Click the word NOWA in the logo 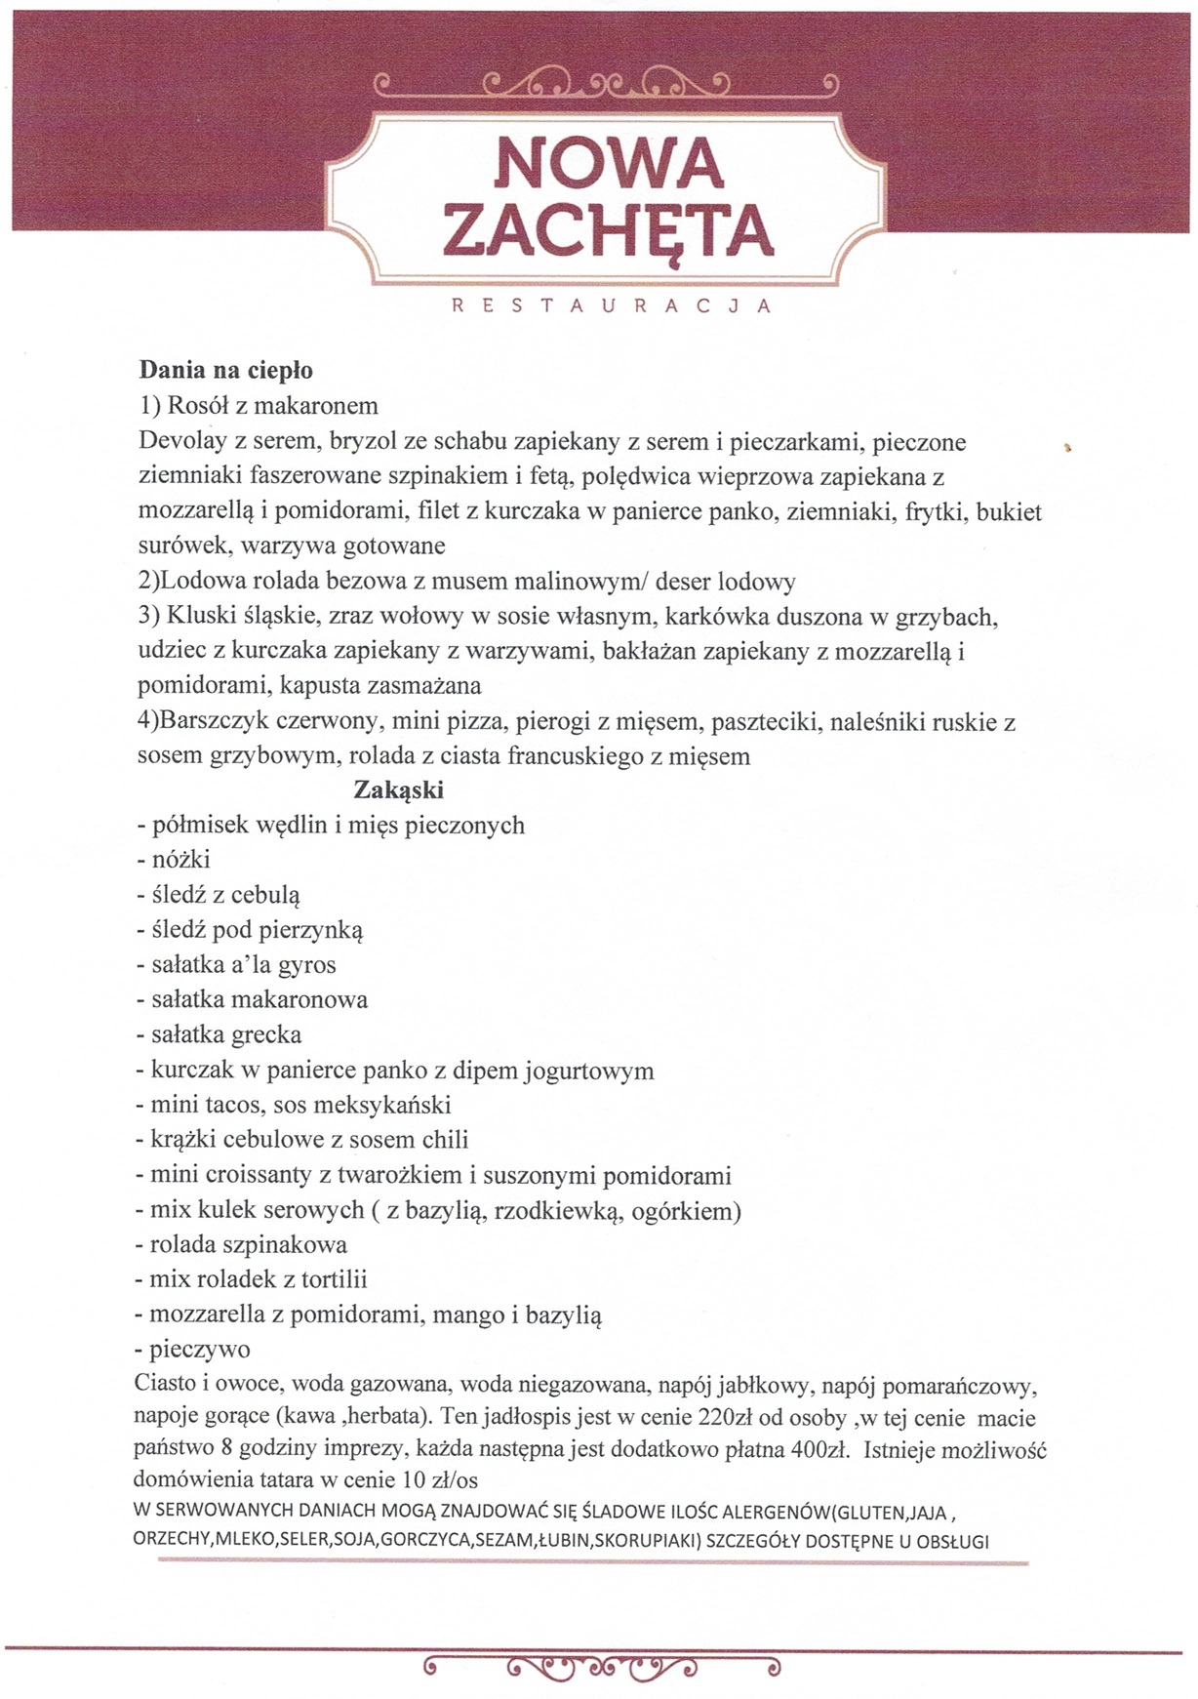[x=608, y=164]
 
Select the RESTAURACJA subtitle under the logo [x=612, y=305]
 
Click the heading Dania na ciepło [x=225, y=371]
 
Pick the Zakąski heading [x=398, y=789]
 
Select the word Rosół [x=198, y=406]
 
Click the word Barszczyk [x=209, y=722]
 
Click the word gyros [x=307, y=965]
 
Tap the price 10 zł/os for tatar [x=438, y=1480]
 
